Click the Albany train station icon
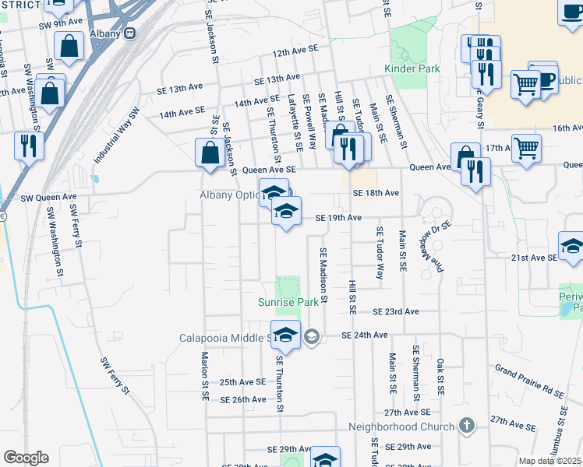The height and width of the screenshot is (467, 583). (x=129, y=33)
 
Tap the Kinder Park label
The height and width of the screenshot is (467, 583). (x=412, y=68)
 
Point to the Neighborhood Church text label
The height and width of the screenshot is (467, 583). (x=401, y=427)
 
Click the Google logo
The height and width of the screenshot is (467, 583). (x=25, y=458)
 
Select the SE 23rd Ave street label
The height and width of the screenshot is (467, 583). (x=395, y=311)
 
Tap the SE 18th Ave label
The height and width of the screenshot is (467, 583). (x=376, y=192)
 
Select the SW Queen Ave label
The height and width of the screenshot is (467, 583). (x=49, y=197)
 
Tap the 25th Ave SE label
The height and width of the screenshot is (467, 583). (x=242, y=382)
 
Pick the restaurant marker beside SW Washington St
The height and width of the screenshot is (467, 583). (x=29, y=146)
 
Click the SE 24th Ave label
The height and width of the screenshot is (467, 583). (x=364, y=335)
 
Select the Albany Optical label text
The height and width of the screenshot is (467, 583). (x=224, y=195)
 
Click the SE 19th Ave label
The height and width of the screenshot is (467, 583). (x=339, y=218)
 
